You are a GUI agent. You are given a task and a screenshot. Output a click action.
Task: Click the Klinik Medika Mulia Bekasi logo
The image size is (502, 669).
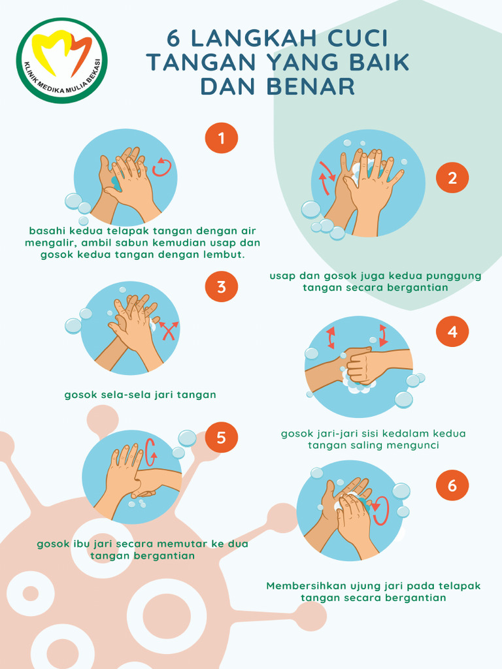63,61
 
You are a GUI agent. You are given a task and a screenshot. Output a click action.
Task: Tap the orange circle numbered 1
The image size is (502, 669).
222,138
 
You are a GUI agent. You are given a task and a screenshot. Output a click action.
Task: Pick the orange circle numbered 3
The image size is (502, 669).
222,286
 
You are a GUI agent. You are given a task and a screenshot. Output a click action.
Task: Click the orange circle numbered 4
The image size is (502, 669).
452,332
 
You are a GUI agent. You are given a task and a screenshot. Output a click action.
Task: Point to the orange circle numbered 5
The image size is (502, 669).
222,437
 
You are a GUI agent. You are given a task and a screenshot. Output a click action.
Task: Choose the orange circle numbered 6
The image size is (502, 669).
452,485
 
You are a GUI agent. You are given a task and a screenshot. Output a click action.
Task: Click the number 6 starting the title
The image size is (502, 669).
173,39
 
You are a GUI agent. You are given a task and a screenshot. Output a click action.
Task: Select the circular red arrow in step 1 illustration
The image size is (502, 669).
161,167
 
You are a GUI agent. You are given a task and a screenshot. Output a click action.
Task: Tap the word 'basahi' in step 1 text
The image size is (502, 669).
47,231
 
